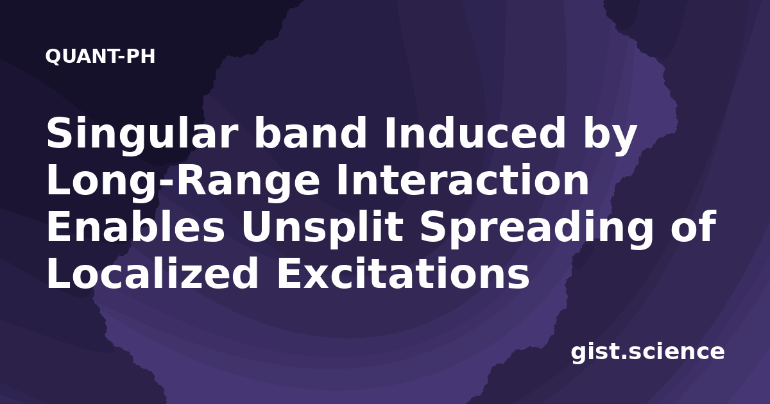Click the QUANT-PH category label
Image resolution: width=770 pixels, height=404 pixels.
100,56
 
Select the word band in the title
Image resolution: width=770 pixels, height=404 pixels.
310,133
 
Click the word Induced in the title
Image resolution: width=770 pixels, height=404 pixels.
475,133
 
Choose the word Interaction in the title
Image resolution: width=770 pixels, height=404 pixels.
463,180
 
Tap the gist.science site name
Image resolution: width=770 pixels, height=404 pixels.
647,353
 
